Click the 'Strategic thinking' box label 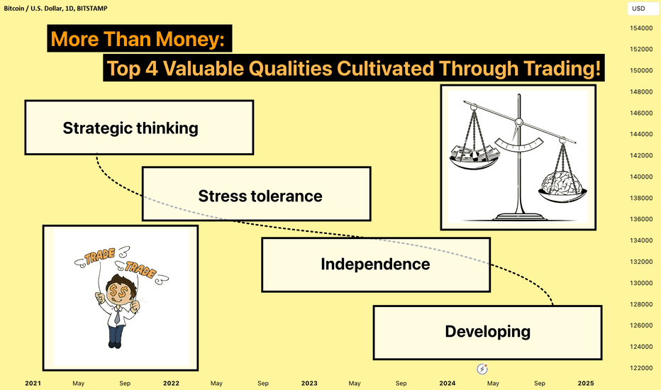[x=130, y=128]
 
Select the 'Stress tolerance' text [x=260, y=196]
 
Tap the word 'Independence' [x=375, y=264]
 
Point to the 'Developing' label [x=488, y=332]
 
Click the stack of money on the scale [x=474, y=154]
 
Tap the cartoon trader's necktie [x=117, y=315]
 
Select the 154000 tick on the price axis [x=641, y=28]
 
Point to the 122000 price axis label [x=641, y=368]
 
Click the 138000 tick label [x=641, y=198]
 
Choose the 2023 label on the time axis [x=309, y=383]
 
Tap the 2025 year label [x=586, y=383]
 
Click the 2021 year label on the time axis [x=33, y=383]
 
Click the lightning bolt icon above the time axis [x=482, y=369]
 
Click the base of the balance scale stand [x=519, y=217]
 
